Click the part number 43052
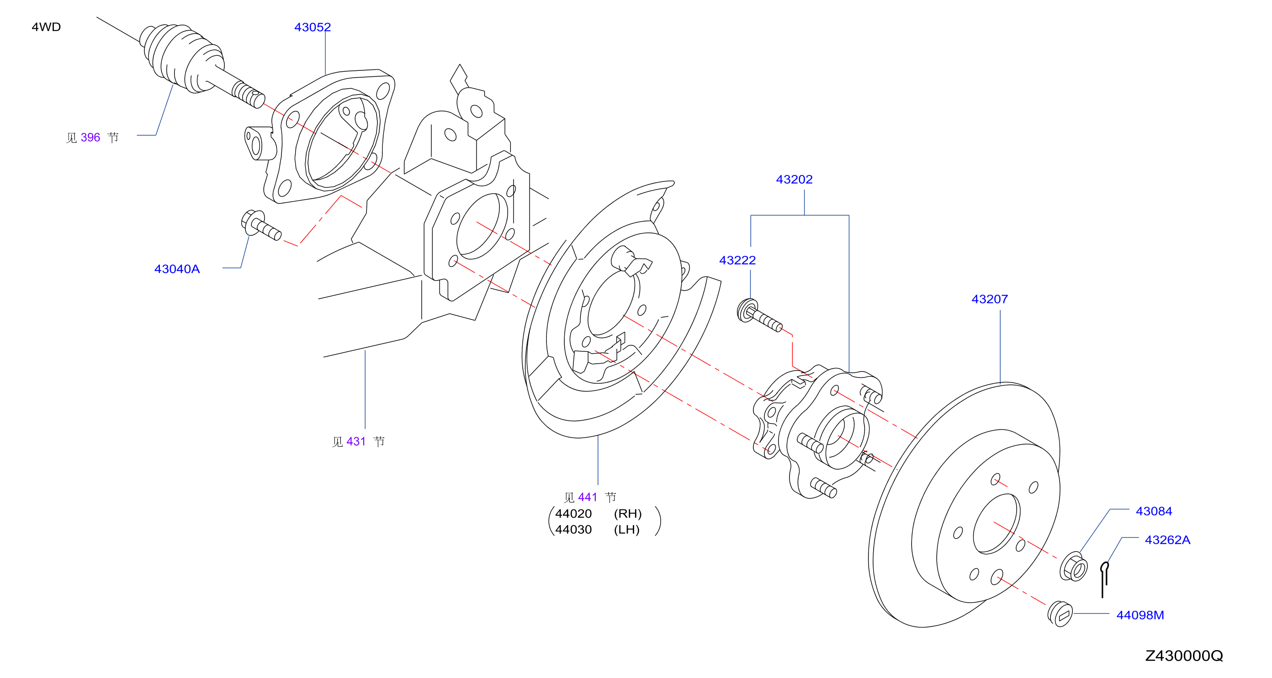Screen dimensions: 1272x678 [313, 27]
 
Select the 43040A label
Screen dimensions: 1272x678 [177, 269]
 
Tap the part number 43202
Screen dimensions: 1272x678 [794, 179]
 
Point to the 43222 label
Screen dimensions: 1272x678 [737, 260]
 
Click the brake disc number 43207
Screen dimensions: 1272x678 [990, 299]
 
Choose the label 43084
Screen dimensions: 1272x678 [1154, 511]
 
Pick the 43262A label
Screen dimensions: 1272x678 [1167, 540]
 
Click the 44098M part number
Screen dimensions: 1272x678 [1140, 615]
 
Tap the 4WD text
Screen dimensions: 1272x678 [47, 27]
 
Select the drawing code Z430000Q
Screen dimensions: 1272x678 [1184, 656]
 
